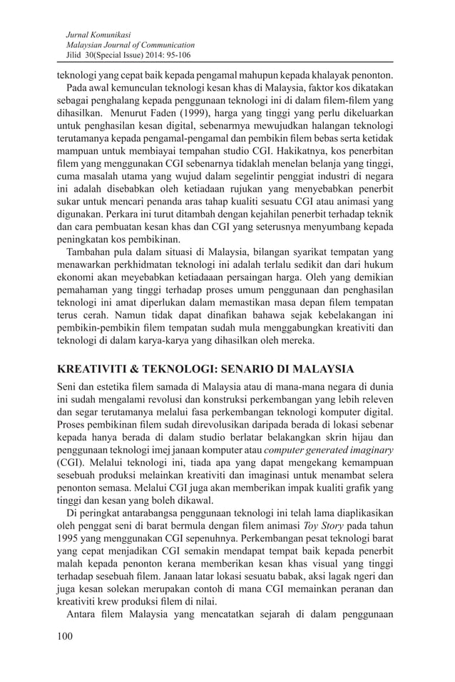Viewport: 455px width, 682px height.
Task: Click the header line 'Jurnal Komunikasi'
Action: pos(97,33)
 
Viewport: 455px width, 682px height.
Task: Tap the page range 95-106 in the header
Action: pos(178,55)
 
